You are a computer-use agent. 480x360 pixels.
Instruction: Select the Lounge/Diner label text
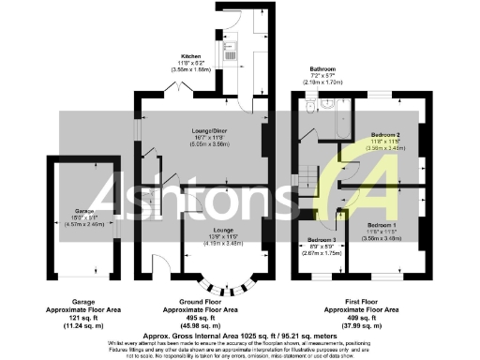[198, 132]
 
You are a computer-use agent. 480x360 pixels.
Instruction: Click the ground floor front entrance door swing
[160, 266]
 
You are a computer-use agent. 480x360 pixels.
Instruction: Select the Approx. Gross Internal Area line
[239, 335]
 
